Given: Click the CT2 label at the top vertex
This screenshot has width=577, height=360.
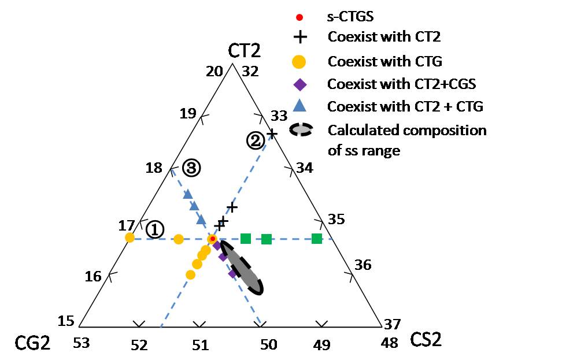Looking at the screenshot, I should click(244, 50).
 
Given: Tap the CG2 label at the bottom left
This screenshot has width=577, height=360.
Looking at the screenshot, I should click(32, 343).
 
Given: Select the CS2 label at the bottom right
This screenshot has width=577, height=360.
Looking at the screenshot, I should click(426, 340).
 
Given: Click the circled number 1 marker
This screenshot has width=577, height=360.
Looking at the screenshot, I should click(154, 229).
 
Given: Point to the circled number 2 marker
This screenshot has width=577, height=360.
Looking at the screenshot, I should click(256, 140).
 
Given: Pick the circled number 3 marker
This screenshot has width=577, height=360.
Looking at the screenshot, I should click(191, 168).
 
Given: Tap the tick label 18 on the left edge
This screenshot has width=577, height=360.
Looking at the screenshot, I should click(154, 168).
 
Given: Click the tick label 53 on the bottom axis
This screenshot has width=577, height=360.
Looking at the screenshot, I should click(83, 344).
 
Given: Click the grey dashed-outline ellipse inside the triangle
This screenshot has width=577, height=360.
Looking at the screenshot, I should click(242, 268).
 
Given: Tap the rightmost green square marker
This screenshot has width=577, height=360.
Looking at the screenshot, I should click(316, 238).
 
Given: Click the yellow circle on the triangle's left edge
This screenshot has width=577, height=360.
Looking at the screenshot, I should click(130, 237).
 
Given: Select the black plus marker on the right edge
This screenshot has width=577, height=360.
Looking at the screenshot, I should click(272, 133).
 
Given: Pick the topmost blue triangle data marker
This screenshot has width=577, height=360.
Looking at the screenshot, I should click(187, 194).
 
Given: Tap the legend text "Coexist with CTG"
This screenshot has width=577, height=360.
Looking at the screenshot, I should click(382, 61).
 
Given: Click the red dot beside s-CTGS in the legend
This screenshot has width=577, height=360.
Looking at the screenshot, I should click(299, 17).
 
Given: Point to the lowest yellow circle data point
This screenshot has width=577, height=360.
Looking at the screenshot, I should click(190, 274).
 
